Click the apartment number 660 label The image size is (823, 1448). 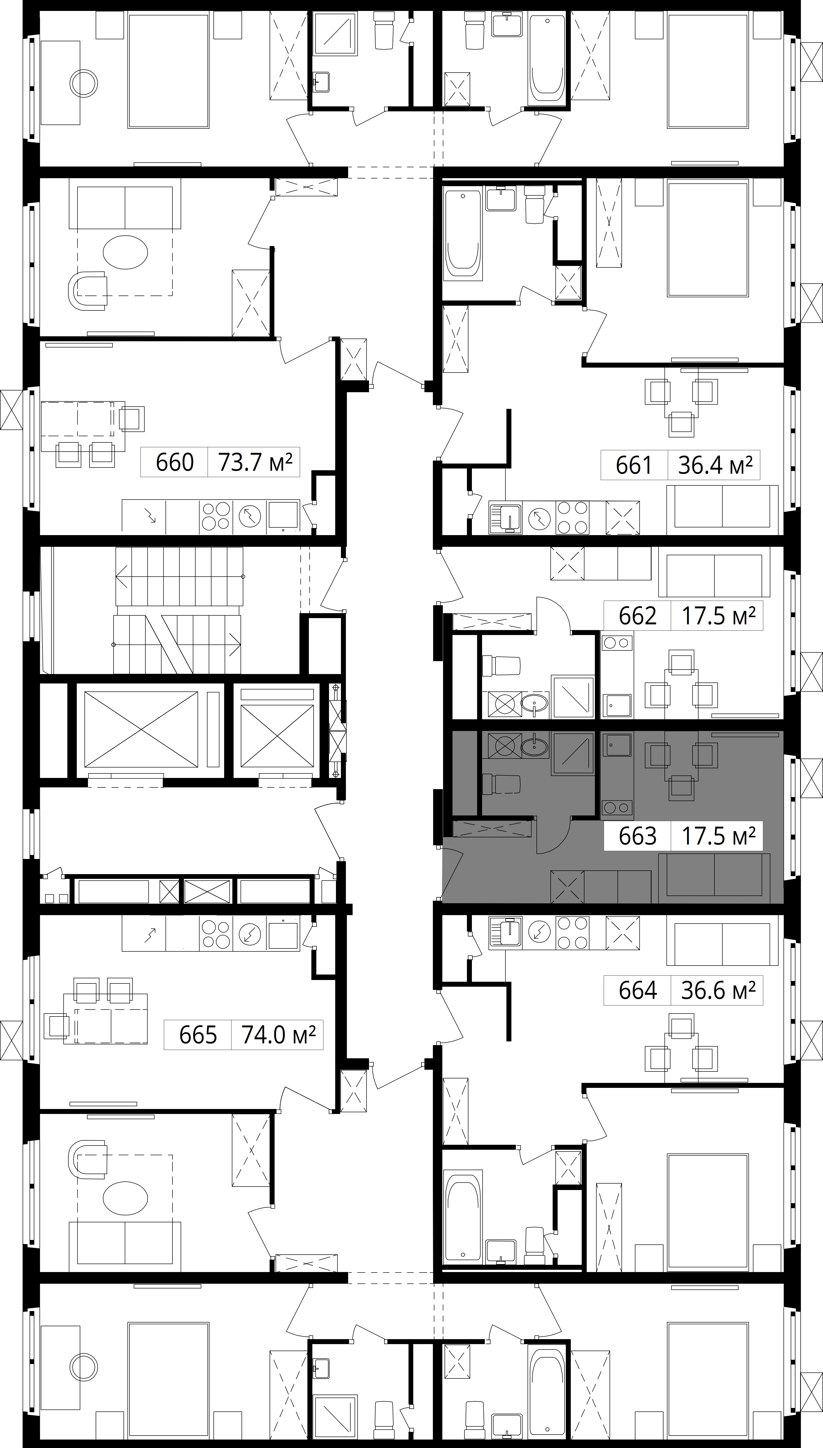click(175, 462)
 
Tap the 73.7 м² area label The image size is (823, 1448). click(255, 462)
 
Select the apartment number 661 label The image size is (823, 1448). click(634, 465)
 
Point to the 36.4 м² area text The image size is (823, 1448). click(715, 465)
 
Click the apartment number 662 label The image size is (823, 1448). click(638, 615)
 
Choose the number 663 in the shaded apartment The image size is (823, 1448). click(638, 836)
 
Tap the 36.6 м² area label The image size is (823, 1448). click(718, 990)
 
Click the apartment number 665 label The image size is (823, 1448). click(198, 1035)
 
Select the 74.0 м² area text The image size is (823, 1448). click(278, 1035)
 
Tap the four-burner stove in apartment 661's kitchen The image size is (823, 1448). click(572, 517)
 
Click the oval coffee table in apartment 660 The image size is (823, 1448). click(125, 252)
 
